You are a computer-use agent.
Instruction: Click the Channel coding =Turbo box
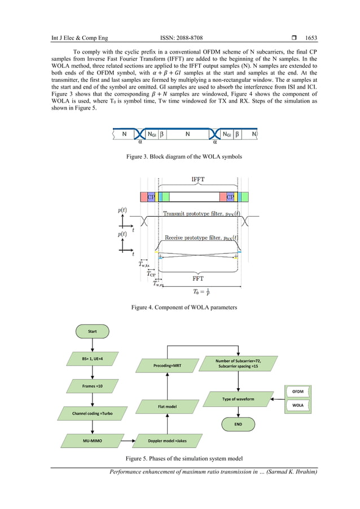[92, 413]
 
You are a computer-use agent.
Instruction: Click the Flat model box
[168, 406]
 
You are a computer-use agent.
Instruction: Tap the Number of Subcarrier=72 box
[238, 363]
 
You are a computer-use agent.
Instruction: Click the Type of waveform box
[238, 398]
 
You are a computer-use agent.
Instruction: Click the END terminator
[238, 424]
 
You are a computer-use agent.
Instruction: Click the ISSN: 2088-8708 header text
[181, 38]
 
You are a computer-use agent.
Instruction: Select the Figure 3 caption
[180, 156]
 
